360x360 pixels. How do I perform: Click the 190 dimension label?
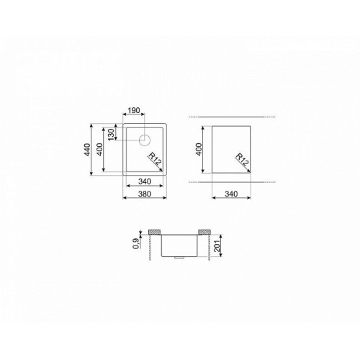pyautogui.click(x=134, y=110)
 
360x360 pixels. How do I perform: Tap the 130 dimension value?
pyautogui.click(x=111, y=135)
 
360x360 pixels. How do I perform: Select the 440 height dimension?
pyautogui.click(x=87, y=149)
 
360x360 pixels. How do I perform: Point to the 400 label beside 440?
pyautogui.click(x=99, y=149)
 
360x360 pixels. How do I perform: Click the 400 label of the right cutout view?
pyautogui.click(x=199, y=149)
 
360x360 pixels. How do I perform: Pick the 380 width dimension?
pyautogui.click(x=145, y=194)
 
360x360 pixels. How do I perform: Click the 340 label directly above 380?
pyautogui.click(x=145, y=181)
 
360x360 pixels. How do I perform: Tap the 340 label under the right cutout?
pyautogui.click(x=231, y=194)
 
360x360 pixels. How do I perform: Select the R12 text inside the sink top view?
pyautogui.click(x=155, y=159)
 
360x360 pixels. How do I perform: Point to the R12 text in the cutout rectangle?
pyautogui.click(x=242, y=160)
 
